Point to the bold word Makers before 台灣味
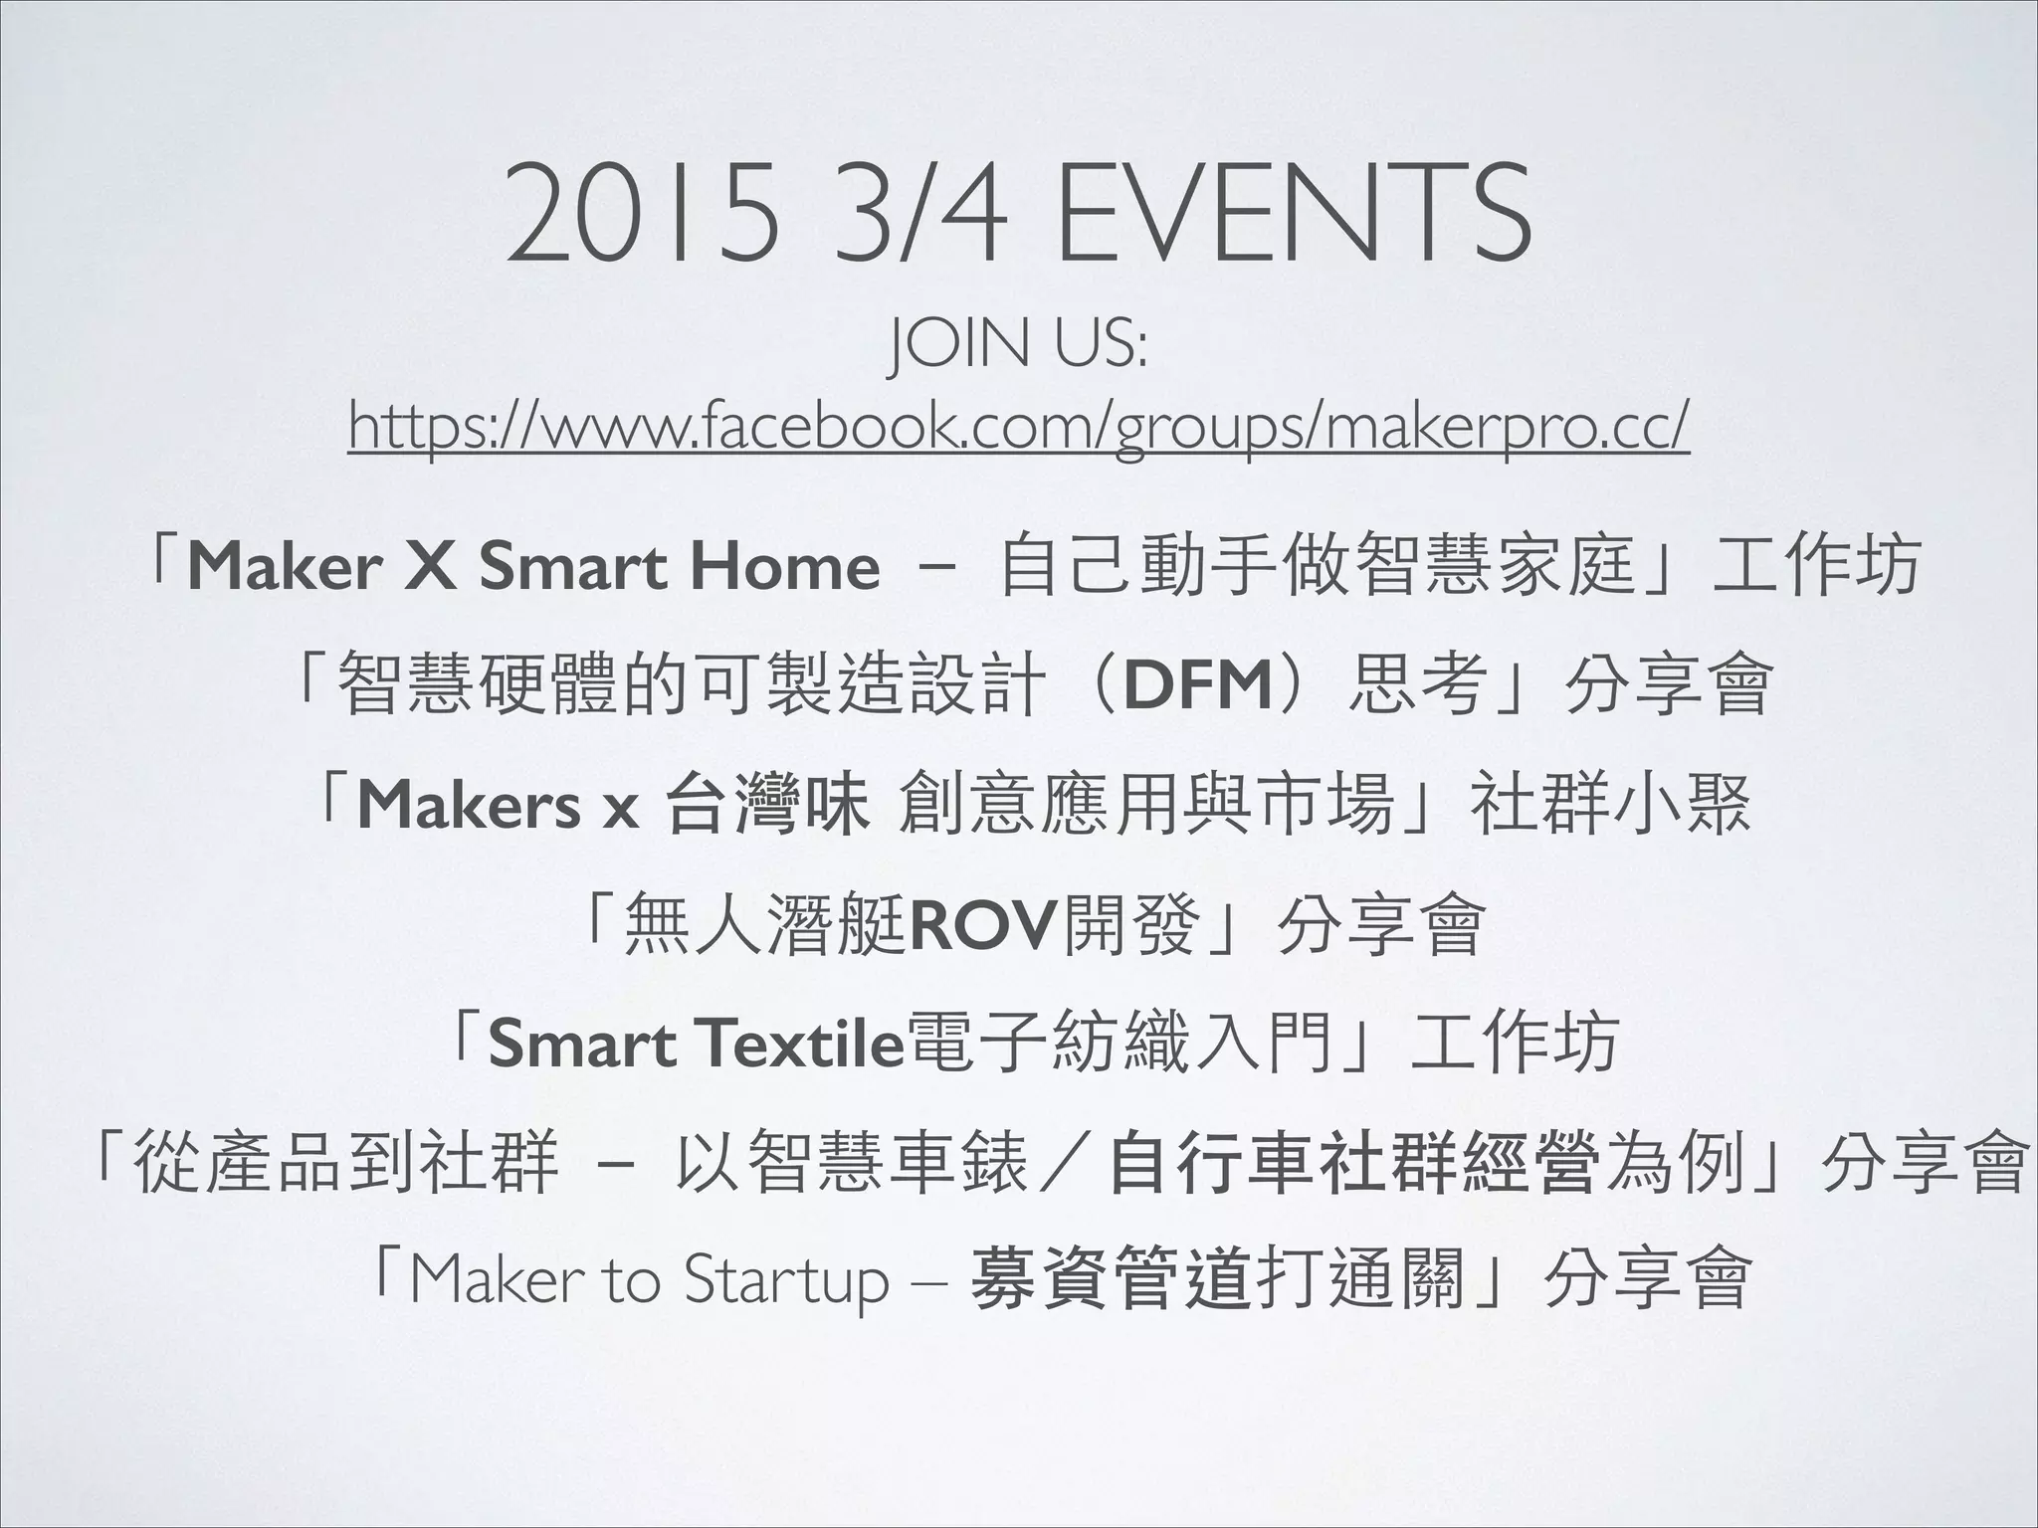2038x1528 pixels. (468, 805)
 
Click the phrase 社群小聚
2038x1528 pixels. (1609, 805)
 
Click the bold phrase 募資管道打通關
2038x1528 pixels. (1219, 1280)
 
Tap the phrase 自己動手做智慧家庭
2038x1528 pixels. (1318, 566)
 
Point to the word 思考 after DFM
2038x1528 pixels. (1416, 684)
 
